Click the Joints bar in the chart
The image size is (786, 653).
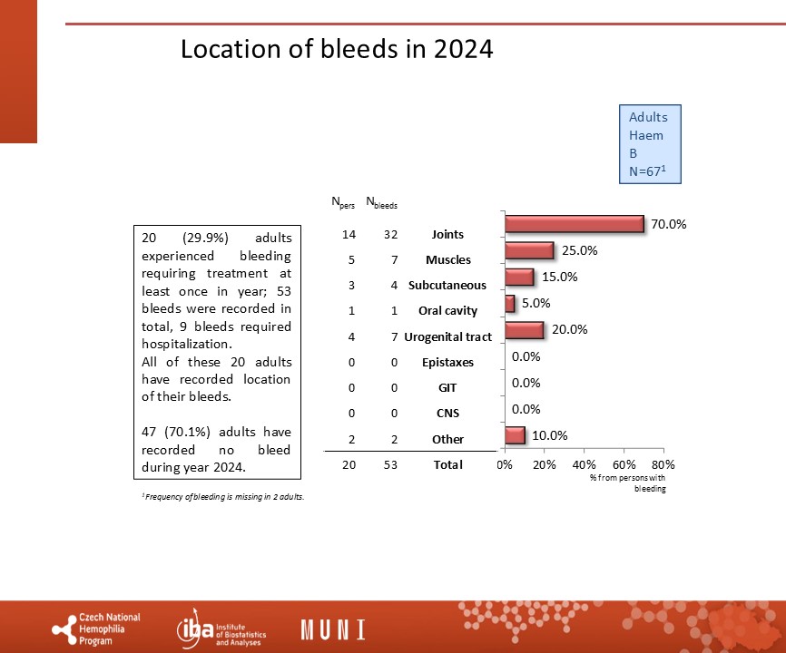575,224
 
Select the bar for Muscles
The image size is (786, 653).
529,250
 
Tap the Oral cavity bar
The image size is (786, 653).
510,303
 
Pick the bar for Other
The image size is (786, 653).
515,435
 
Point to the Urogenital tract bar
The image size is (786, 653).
525,330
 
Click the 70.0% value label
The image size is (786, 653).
669,224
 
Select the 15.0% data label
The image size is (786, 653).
559,277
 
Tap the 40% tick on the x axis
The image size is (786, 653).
584,464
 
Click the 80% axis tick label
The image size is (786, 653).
663,464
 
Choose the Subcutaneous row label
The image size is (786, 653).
447,286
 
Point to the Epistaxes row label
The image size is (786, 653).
447,362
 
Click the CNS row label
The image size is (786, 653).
447,414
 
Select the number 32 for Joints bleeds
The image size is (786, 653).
390,234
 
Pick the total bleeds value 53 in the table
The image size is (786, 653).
390,464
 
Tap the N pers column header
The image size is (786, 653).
343,202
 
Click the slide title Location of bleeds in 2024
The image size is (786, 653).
337,49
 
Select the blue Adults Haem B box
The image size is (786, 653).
650,144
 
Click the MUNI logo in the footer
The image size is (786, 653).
333,629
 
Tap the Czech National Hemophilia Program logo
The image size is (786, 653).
96,629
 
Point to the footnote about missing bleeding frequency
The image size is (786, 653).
223,497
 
